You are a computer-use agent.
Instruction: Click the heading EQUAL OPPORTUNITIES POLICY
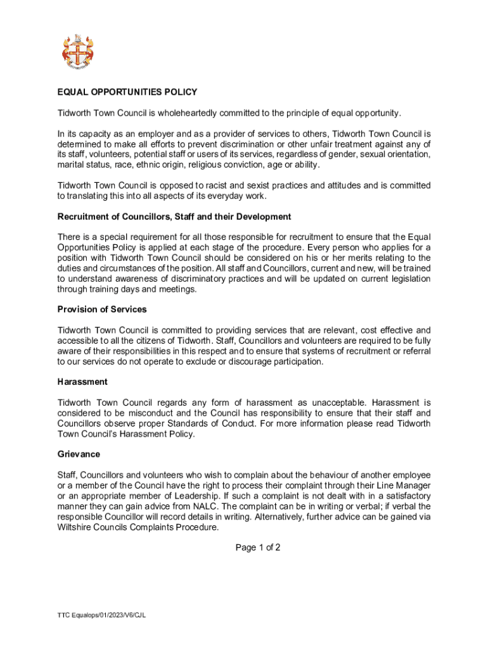[x=127, y=92]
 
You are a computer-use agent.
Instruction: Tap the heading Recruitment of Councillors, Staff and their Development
[x=174, y=216]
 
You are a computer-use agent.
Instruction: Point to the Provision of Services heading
[x=102, y=309]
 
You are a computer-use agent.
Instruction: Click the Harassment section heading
[x=82, y=382]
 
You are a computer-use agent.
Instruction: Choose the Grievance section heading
[x=79, y=454]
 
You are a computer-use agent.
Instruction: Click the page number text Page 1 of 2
[x=258, y=547]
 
